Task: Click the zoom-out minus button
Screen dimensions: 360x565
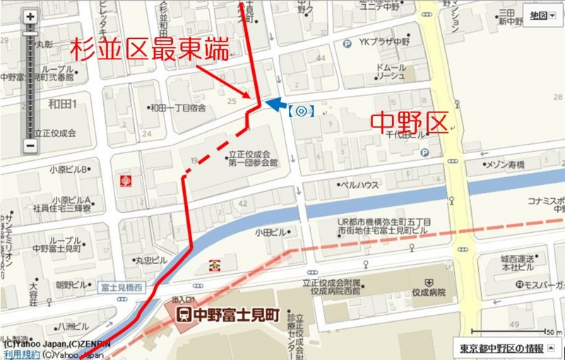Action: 30,146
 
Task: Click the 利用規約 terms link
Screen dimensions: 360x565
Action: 20,354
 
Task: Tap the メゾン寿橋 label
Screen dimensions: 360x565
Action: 505,164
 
